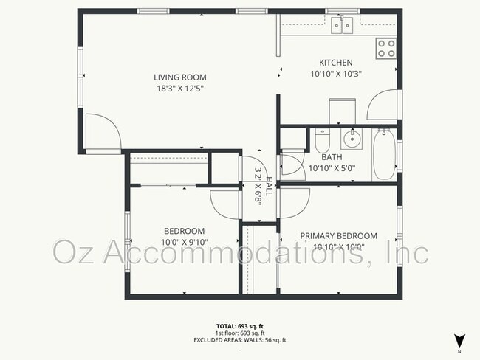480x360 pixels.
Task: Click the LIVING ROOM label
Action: tap(179, 77)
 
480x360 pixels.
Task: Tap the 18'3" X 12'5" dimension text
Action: tap(179, 89)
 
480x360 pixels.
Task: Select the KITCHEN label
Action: tap(335, 63)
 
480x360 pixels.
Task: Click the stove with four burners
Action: tap(386, 48)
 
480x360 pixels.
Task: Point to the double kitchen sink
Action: tap(341, 27)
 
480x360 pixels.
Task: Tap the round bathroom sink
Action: tap(353, 137)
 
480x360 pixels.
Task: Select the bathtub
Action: tap(384, 154)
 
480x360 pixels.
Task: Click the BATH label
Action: tap(332, 156)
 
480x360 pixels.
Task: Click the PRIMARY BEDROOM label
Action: tap(338, 236)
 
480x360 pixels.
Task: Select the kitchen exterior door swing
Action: tap(383, 108)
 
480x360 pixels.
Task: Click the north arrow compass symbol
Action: tap(460, 341)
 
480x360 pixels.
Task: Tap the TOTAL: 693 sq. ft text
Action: tap(239, 326)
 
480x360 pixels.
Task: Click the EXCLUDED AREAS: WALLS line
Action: tap(239, 340)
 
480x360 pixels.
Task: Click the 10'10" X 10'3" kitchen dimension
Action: tap(335, 74)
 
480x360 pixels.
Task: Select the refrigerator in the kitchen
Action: tap(342, 111)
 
